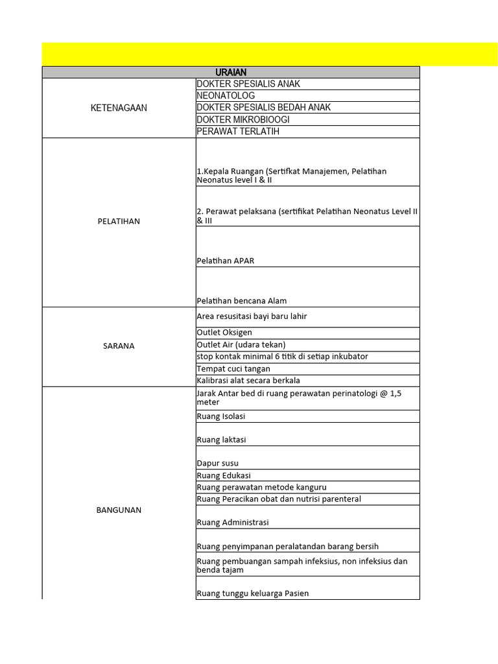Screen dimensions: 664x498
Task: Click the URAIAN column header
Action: click(x=231, y=72)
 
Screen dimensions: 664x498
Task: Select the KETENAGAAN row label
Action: click(x=119, y=108)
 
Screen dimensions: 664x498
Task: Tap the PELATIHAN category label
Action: click(x=119, y=221)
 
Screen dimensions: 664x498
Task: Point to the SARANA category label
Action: click(x=119, y=346)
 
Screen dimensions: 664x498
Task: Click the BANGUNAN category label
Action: click(x=119, y=510)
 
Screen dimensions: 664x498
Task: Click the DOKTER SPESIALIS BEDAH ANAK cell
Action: click(x=263, y=108)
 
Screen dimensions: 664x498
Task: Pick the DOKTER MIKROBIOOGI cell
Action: click(x=243, y=119)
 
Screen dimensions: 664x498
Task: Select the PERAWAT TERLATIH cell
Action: click(x=238, y=132)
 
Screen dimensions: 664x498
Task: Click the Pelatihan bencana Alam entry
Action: click(x=241, y=301)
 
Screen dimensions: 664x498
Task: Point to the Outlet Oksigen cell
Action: click(x=224, y=333)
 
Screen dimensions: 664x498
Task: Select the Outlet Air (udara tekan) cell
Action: click(x=241, y=344)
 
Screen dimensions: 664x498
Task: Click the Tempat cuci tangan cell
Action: click(x=233, y=369)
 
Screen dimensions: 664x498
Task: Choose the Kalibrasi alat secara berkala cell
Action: click(x=248, y=381)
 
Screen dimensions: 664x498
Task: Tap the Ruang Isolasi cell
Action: click(x=221, y=416)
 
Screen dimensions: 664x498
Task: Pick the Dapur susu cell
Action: click(x=217, y=464)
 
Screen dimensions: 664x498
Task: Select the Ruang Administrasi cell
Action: click(x=232, y=522)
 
